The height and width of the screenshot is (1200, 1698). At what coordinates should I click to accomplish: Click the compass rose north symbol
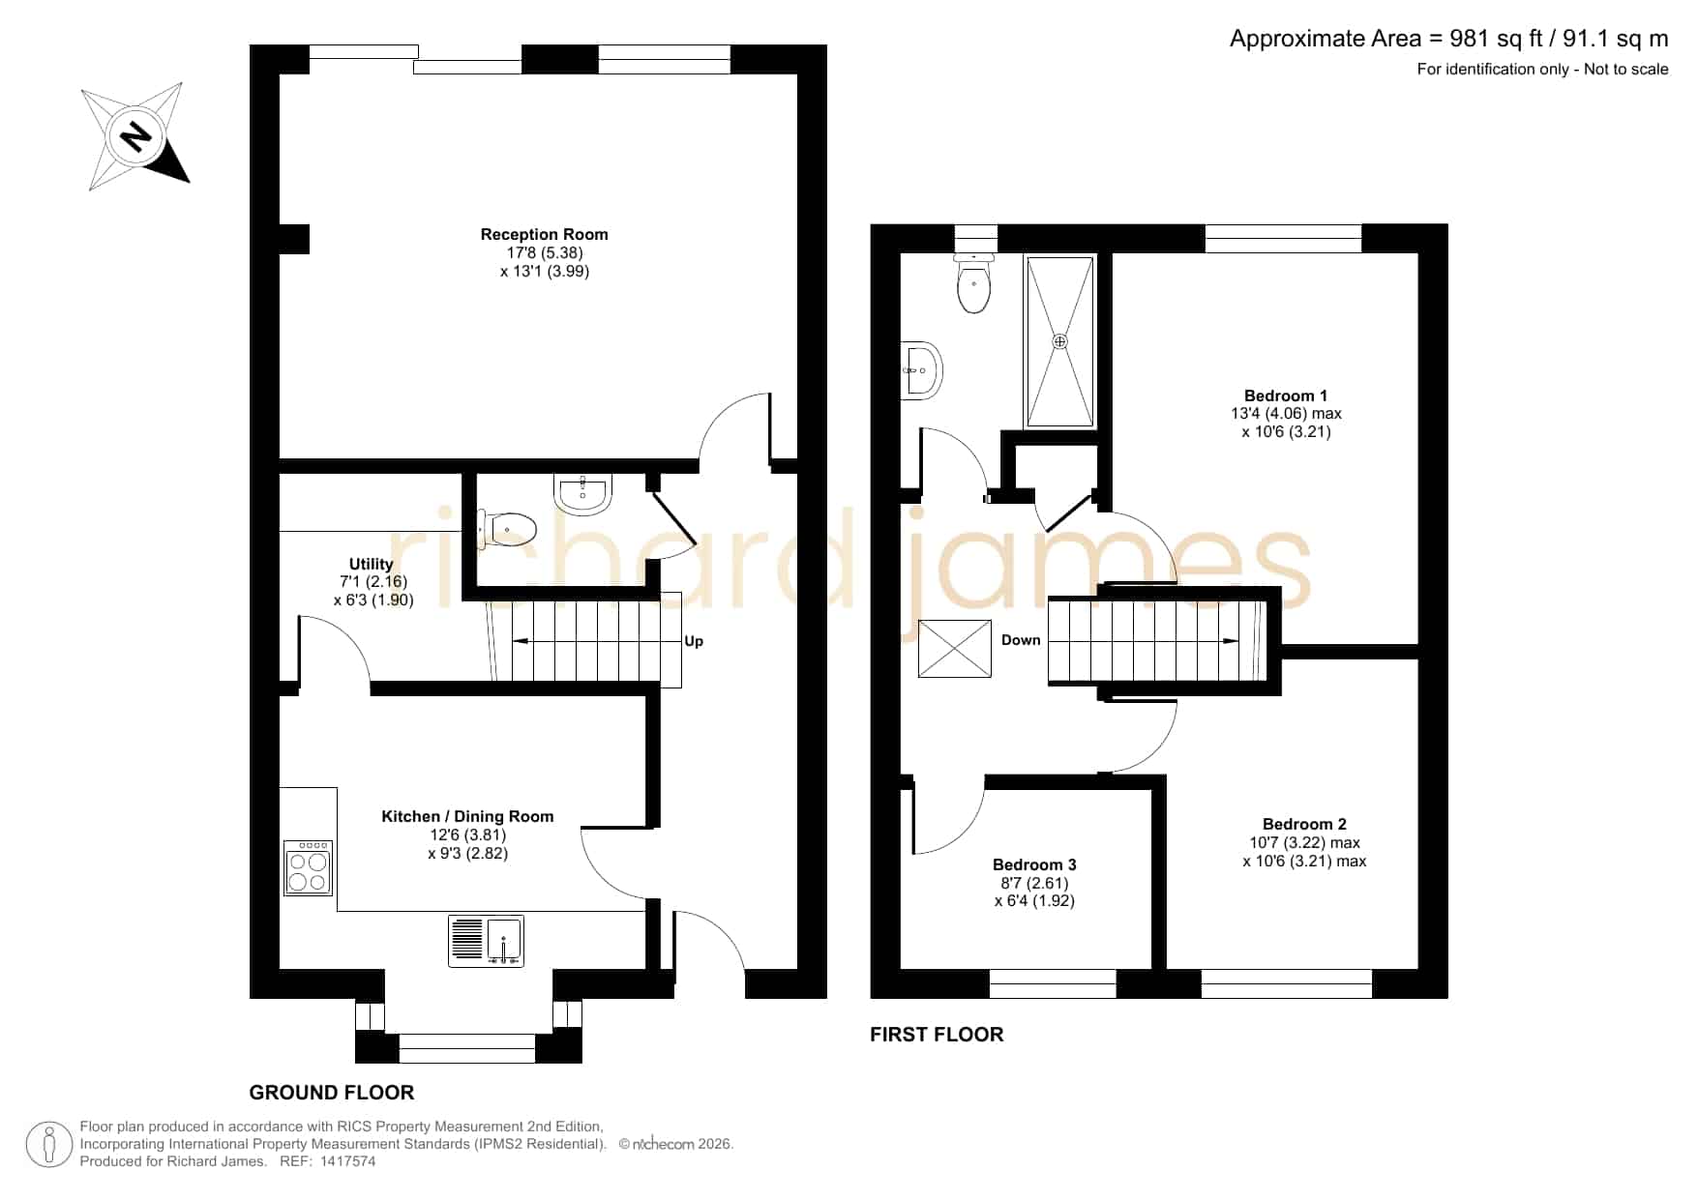(135, 135)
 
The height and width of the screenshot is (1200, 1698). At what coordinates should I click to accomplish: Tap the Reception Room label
(545, 234)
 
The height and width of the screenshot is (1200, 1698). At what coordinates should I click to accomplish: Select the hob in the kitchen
(309, 867)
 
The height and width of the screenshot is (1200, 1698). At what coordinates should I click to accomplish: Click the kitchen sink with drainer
(487, 941)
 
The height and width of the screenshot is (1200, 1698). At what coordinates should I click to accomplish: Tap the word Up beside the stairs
(694, 641)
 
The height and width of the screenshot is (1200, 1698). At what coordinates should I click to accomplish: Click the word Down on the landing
(1021, 640)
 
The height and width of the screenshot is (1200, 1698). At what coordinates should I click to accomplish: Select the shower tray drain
(1060, 341)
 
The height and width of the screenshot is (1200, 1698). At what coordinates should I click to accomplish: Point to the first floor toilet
(974, 282)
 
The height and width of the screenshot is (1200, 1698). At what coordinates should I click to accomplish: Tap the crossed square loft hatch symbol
(954, 648)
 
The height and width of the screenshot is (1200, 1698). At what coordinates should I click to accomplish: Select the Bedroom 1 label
(1286, 395)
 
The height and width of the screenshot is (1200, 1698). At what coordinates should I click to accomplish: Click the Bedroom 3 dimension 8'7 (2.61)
(1034, 883)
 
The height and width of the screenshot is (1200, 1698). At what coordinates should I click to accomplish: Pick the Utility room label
(372, 564)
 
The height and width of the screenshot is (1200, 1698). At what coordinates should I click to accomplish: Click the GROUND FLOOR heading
(332, 1093)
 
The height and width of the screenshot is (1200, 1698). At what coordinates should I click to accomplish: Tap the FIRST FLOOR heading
(937, 1035)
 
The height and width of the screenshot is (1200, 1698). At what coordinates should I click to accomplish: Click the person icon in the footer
(49, 1145)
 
